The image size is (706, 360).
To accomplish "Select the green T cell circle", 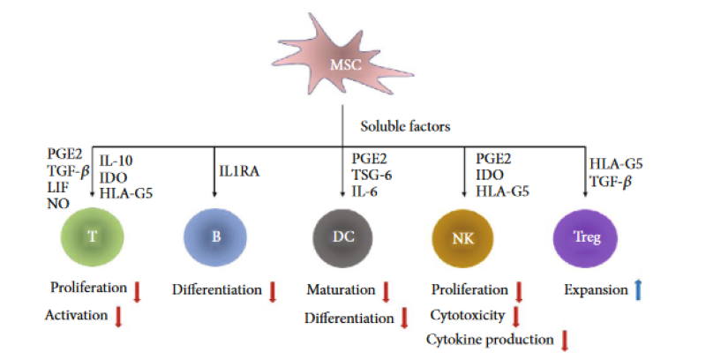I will pos(93,236).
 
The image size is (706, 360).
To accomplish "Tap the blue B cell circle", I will pos(214,236).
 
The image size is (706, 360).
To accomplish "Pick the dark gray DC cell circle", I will pos(342,236).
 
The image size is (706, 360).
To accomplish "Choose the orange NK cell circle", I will pos(462,236).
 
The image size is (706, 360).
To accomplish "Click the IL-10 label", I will pos(118,161).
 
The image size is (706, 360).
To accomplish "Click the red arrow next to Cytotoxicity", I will pos(517,315).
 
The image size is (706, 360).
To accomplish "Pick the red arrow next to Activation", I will pos(118,316).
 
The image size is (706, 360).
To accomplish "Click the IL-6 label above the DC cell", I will pos(364,191).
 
